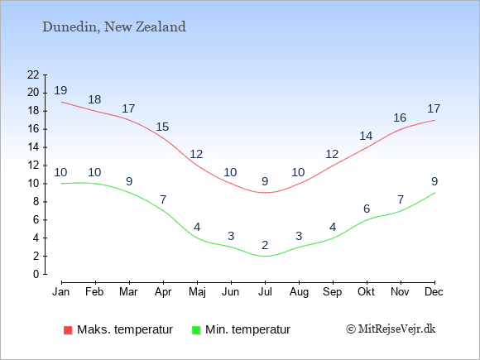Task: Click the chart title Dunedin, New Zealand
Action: pos(114,27)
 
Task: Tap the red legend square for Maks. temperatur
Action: pos(68,330)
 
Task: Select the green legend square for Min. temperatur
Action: pos(196,330)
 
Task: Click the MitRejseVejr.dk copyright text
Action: pos(391,329)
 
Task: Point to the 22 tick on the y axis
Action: pos(33,74)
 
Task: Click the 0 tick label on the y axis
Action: pos(36,274)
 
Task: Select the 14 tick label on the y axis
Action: pos(33,147)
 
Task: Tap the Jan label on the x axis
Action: pos(61,292)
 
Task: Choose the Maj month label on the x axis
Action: pos(197,292)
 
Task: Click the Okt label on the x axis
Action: pos(366,292)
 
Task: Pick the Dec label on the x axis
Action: pos(434,292)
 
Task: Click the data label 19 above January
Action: pos(60,90)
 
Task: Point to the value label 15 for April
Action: pos(162,127)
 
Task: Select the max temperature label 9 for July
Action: pos(265,181)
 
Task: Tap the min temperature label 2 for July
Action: pos(265,245)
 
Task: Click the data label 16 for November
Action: pos(400,118)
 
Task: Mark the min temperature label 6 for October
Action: pos(367,209)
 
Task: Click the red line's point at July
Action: pos(265,193)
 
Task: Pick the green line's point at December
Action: pos(434,193)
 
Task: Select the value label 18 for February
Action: pos(94,99)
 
